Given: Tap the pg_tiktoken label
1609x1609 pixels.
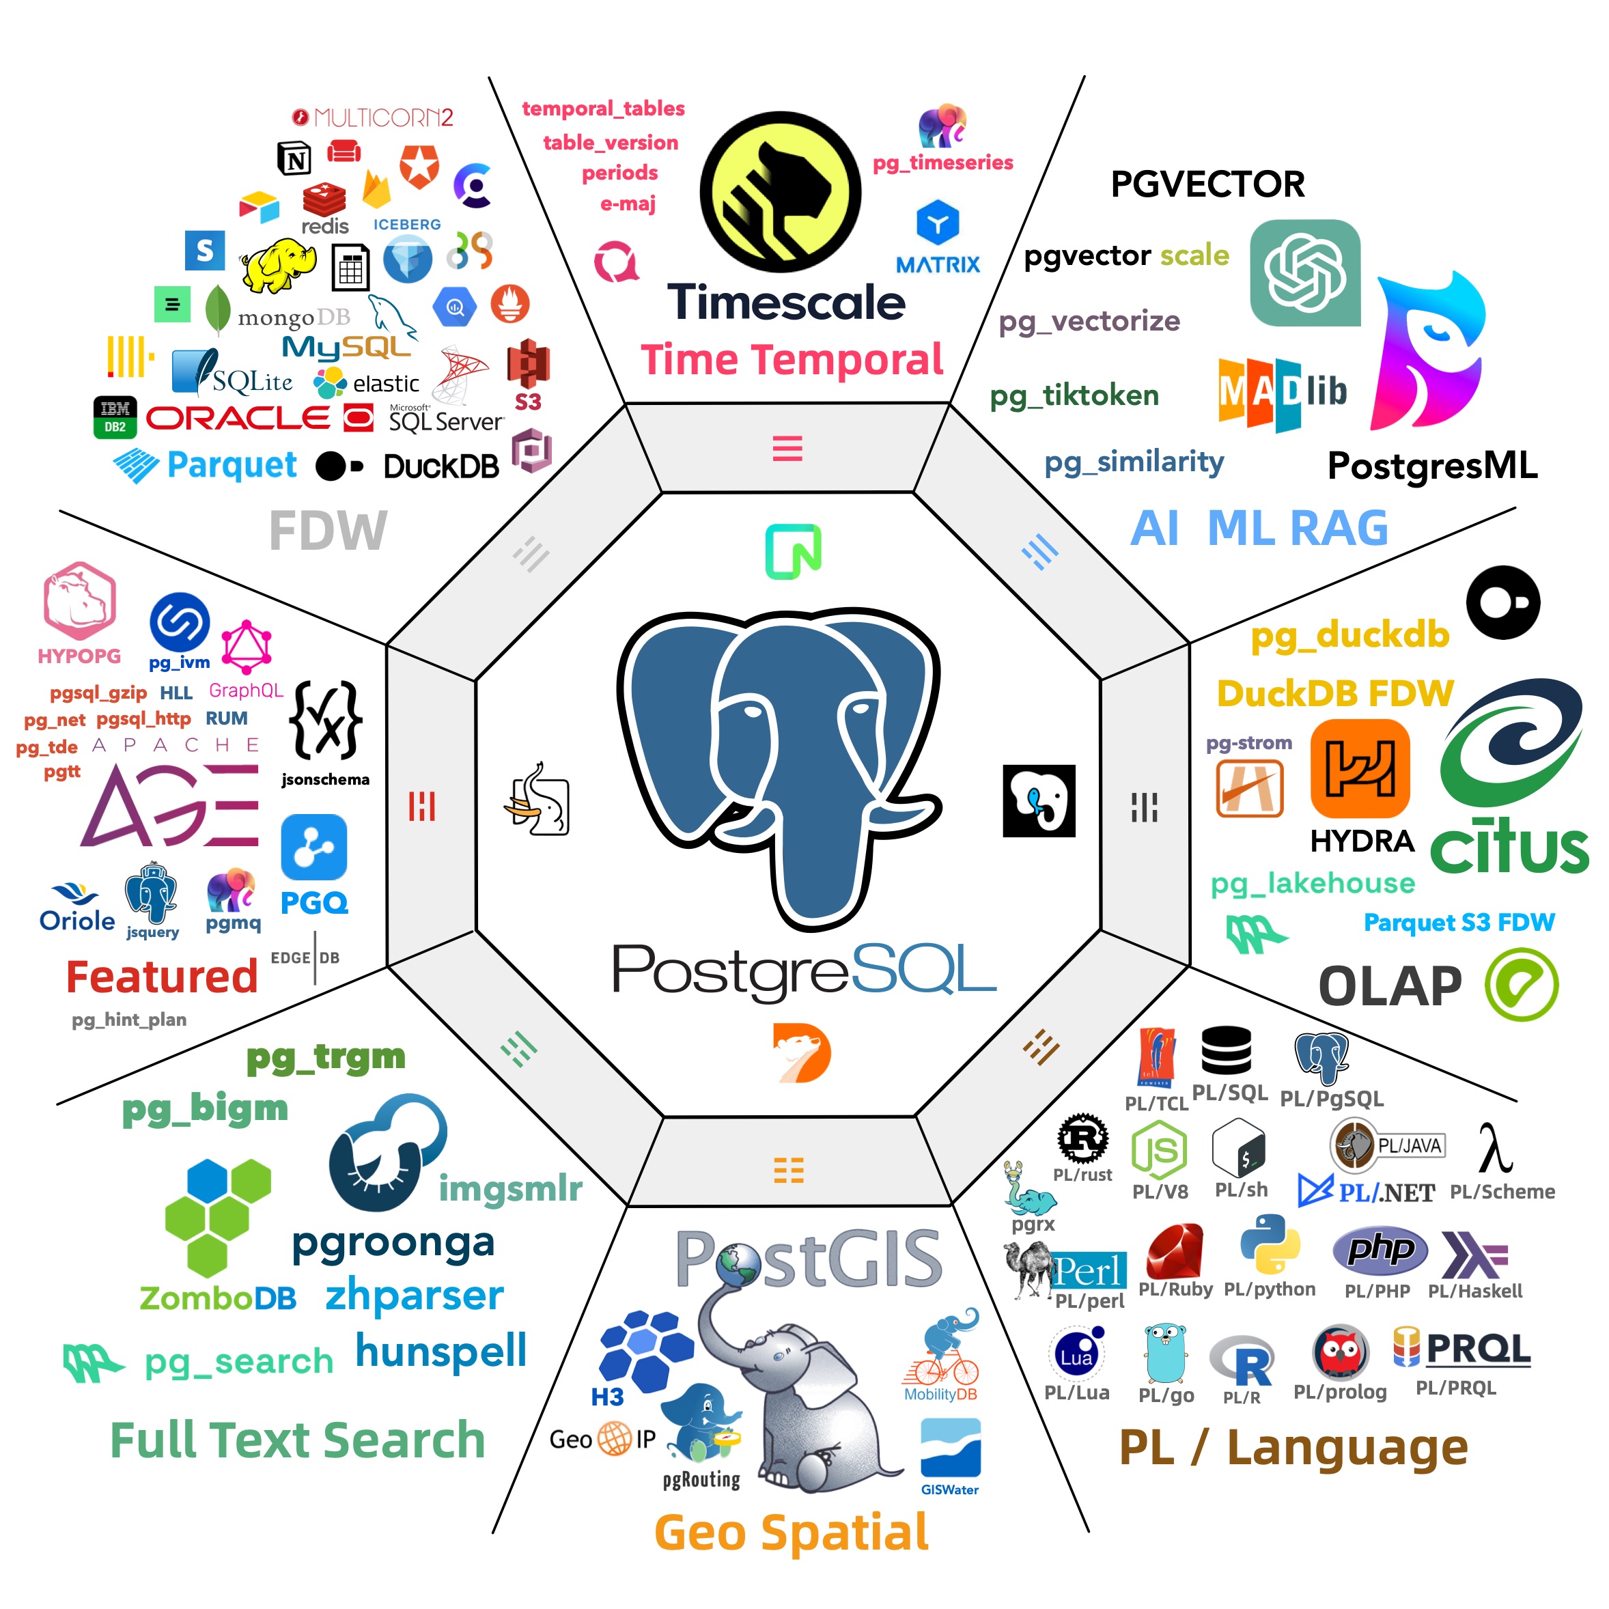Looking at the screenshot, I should coord(1074,395).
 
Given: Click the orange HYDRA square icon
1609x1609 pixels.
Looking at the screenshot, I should coord(1359,768).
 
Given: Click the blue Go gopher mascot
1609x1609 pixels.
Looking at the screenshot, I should coord(1164,1354).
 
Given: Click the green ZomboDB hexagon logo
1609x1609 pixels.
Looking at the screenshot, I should coord(216,1216).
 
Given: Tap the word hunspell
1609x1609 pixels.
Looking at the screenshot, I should coord(441,1351).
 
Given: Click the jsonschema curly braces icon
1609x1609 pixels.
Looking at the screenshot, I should coord(326,721).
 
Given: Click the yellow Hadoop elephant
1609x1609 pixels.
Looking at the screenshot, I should coord(277,265).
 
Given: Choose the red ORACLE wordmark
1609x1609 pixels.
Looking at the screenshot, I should coord(239,418).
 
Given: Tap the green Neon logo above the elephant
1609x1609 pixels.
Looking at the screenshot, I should coord(794,551).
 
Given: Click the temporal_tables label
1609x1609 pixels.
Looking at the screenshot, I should coord(603,109).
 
